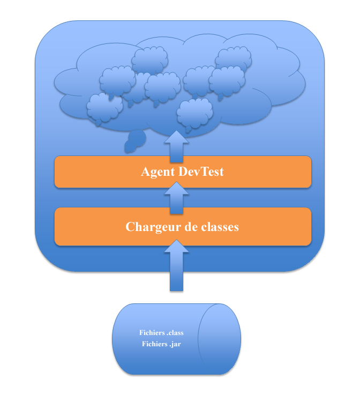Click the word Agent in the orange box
pos(158,172)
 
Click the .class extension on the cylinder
pos(175,333)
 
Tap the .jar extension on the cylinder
pos(175,344)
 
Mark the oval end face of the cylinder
pos(219,339)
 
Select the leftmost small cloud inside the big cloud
pos(104,108)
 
